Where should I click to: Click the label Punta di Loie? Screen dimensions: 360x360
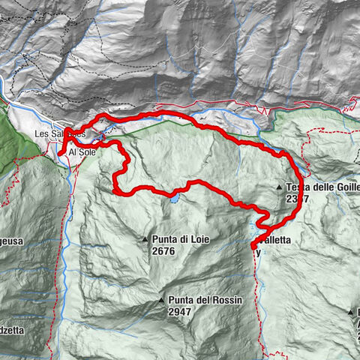tap(180, 239)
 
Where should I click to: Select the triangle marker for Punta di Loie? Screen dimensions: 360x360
tap(146, 239)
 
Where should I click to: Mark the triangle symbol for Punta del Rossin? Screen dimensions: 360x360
tap(160, 300)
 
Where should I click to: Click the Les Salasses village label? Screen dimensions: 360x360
tap(60, 134)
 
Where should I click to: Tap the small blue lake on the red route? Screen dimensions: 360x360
tap(174, 199)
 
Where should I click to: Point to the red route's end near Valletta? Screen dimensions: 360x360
tap(253, 245)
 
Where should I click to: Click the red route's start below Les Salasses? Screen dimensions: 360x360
tap(60, 154)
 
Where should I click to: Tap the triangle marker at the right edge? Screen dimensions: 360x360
tap(350, 310)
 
